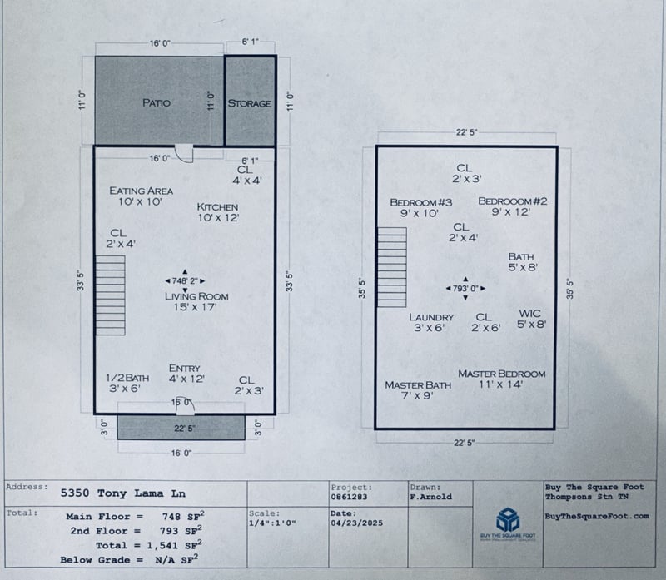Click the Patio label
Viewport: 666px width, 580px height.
pyautogui.click(x=157, y=103)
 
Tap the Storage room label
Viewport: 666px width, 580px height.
pyautogui.click(x=250, y=103)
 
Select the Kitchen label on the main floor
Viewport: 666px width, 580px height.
pyautogui.click(x=217, y=207)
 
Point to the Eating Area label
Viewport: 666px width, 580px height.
pyautogui.click(x=142, y=191)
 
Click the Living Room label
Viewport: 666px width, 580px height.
pyautogui.click(x=196, y=296)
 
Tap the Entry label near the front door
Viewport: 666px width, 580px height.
pyautogui.click(x=184, y=369)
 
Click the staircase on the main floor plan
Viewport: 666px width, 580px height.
pyautogui.click(x=110, y=295)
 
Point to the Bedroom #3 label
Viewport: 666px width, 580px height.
pyautogui.click(x=420, y=202)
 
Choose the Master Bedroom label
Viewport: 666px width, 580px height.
pyautogui.click(x=502, y=374)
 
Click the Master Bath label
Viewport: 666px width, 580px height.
pyautogui.click(x=418, y=385)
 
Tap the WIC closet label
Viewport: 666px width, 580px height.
pyautogui.click(x=530, y=314)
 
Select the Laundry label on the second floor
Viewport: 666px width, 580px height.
pyautogui.click(x=431, y=317)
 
